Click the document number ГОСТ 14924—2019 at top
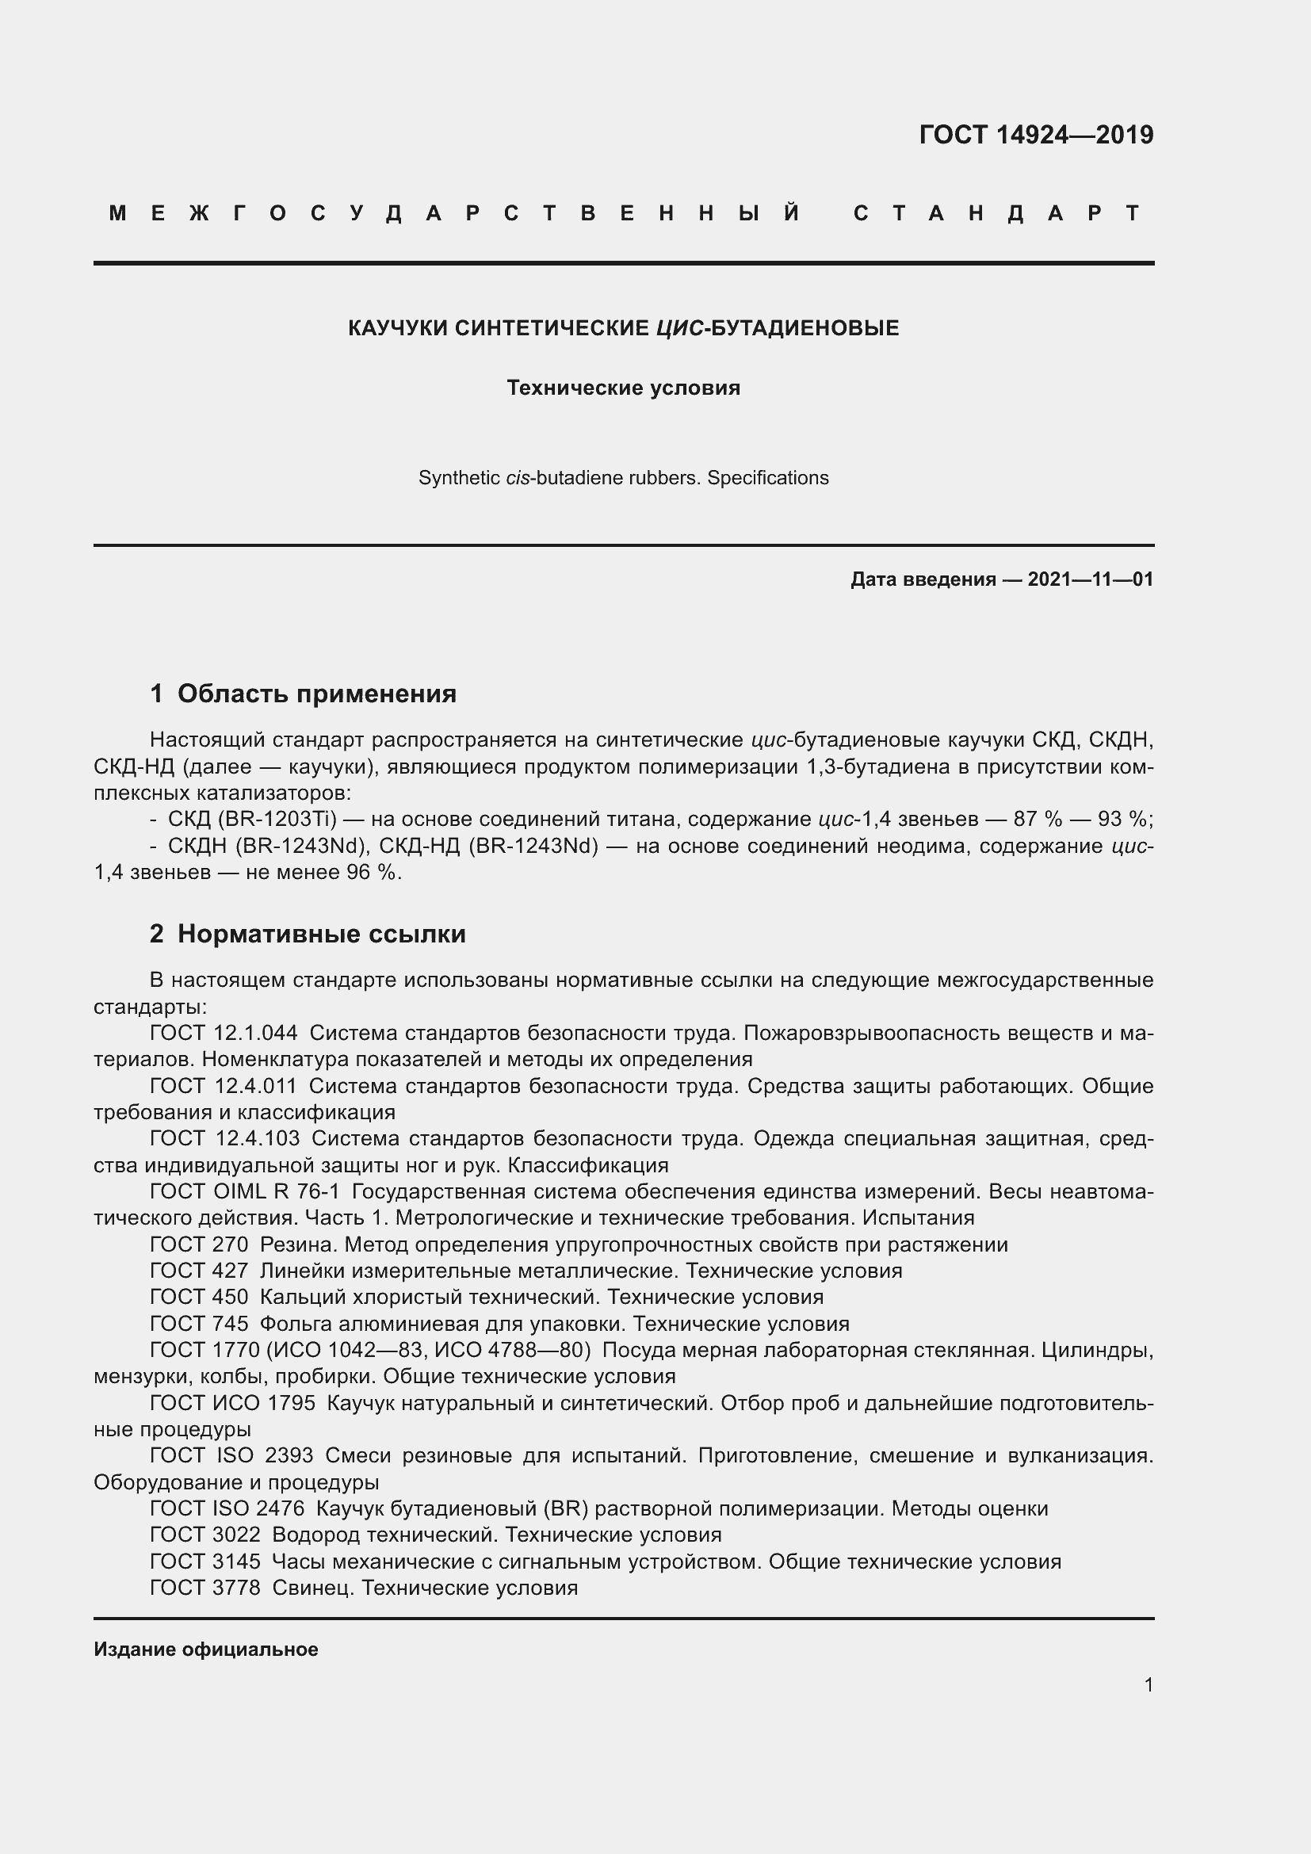pos(1036,135)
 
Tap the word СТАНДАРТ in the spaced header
pos(998,213)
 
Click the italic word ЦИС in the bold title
pos(675,329)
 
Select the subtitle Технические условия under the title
pos(623,388)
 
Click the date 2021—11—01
pos(1090,579)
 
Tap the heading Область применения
pos(316,694)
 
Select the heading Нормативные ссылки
pos(321,935)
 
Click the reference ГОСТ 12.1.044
pos(224,1033)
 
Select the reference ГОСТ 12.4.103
pos(224,1138)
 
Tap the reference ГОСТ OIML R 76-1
pos(245,1192)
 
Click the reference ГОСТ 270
pos(199,1244)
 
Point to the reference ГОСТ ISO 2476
pos(227,1508)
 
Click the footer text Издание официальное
pos(206,1649)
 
